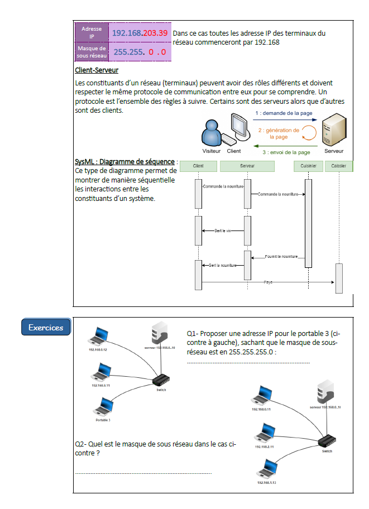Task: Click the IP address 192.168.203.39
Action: pos(140,33)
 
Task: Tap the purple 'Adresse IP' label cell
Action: pos(92,32)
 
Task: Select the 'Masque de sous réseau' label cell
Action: pos(92,52)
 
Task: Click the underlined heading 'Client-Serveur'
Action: pos(97,70)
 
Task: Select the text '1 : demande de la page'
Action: pos(283,113)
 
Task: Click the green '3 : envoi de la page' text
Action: pos(286,152)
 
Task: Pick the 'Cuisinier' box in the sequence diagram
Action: pos(308,166)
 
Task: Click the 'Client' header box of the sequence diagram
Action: pos(198,166)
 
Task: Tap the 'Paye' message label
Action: pos(269,282)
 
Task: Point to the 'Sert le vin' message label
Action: pos(223,230)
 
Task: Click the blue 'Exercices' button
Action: pos(46,328)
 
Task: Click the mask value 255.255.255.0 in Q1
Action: pos(248,352)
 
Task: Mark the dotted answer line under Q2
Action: pos(143,473)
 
